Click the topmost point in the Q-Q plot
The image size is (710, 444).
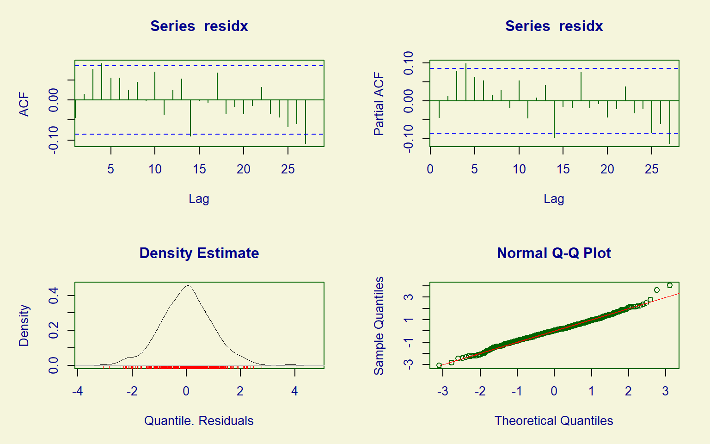coord(670,285)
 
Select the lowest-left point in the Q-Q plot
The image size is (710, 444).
coord(439,365)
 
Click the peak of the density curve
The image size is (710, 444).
coord(188,286)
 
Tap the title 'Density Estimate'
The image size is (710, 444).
coord(199,253)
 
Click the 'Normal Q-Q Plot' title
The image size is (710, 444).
coord(554,253)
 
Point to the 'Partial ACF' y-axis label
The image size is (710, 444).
coord(379,104)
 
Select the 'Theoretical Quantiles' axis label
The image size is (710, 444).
coord(554,420)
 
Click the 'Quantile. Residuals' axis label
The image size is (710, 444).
coord(199,420)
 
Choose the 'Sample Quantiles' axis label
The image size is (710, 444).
coord(379,326)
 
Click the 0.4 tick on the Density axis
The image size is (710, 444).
coord(54,295)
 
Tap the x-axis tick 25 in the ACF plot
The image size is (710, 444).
coord(288,169)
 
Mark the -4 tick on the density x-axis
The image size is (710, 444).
coord(78,391)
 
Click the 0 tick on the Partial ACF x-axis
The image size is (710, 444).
coord(430,169)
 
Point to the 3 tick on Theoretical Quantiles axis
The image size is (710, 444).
coord(665,391)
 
